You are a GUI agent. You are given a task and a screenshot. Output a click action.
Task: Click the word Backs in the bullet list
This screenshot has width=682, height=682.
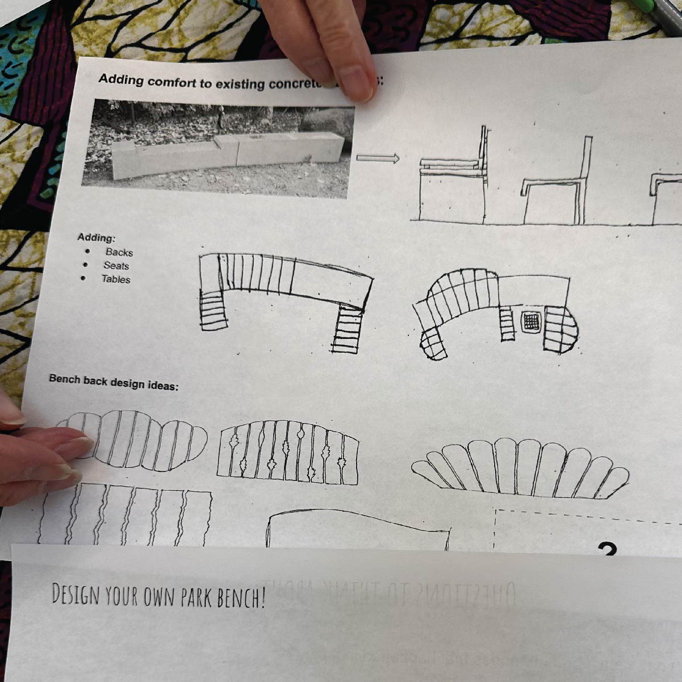pyautogui.click(x=119, y=252)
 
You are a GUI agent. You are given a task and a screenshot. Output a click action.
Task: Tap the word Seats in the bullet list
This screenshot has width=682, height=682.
pyautogui.click(x=116, y=266)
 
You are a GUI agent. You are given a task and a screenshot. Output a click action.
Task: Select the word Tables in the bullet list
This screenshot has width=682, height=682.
pyautogui.click(x=116, y=279)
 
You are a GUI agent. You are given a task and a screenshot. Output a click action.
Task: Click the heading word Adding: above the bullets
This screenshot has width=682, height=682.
pyautogui.click(x=96, y=237)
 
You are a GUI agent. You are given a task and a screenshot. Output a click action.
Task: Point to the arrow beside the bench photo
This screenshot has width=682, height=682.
pyautogui.click(x=378, y=158)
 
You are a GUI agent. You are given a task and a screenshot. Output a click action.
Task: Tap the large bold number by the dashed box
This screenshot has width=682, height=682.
pyautogui.click(x=607, y=550)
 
